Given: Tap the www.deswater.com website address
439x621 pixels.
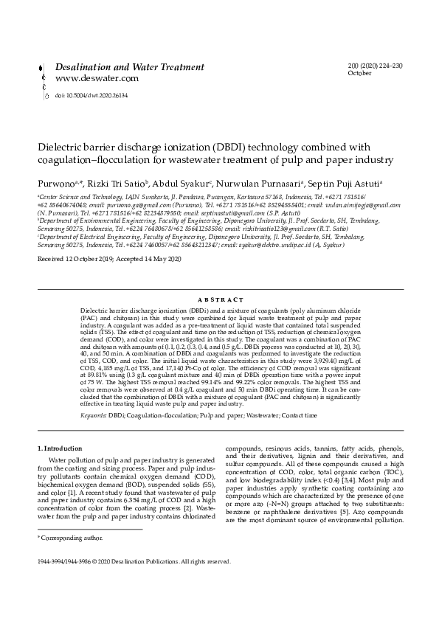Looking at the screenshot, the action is coord(97,77).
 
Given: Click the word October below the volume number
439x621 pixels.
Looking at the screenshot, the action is coord(359,74).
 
